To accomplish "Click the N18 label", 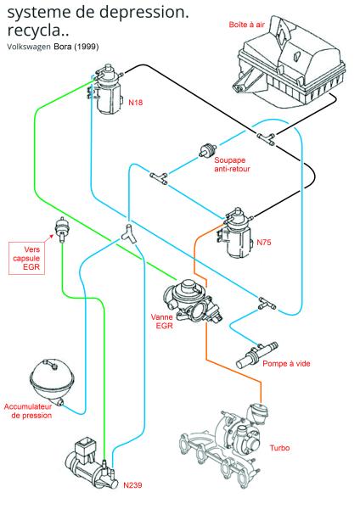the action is point(136,103).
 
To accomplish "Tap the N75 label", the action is point(264,242).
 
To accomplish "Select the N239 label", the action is point(133,485).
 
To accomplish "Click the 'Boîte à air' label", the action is point(247,25).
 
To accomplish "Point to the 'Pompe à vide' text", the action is point(286,364).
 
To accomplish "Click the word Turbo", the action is point(279,448).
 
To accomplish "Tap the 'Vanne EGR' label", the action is point(162,321).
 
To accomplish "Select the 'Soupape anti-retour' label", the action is point(232,165).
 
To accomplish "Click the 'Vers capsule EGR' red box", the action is point(26,258).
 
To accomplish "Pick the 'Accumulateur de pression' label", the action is point(28,411).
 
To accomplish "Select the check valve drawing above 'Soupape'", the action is point(208,150).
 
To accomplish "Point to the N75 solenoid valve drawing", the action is point(236,232).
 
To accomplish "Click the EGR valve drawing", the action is point(193,301).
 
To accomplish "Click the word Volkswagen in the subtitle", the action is point(29,47).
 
